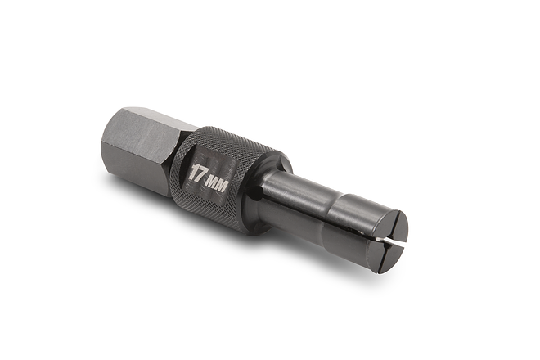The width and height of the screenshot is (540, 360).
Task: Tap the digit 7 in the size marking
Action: click(x=201, y=174)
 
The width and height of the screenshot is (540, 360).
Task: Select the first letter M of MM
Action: click(x=214, y=183)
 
